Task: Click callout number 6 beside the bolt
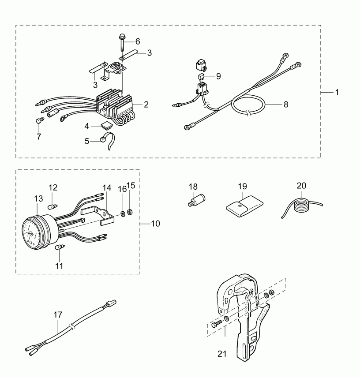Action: coord(137,41)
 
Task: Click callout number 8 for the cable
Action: coord(286,105)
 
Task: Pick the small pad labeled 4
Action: coord(106,126)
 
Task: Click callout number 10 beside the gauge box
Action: coord(155,224)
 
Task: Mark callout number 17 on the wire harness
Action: coord(58,315)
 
